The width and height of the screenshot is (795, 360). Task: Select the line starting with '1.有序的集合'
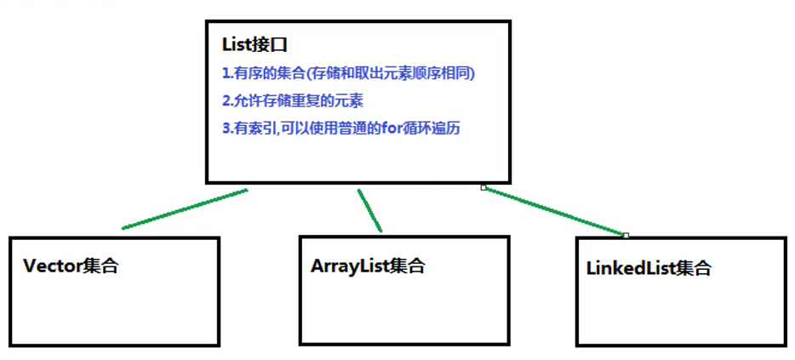tap(348, 74)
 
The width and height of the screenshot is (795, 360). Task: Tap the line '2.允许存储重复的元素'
tap(293, 101)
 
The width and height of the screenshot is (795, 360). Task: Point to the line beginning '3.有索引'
tap(341, 129)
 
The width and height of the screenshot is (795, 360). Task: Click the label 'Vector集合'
tap(71, 266)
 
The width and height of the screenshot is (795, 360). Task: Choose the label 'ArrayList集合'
tap(368, 266)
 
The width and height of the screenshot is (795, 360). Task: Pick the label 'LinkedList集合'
tap(649, 269)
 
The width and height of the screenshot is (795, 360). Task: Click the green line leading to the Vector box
tap(184, 209)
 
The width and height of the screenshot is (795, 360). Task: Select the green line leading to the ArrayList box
tap(369, 210)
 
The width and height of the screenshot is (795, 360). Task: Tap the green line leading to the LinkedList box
tap(555, 210)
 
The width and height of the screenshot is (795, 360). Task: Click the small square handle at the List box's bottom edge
tap(483, 187)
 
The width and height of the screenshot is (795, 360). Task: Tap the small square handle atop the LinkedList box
tap(626, 235)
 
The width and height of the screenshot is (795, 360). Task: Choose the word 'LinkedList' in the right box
tap(631, 269)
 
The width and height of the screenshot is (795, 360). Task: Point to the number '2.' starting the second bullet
tap(227, 101)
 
